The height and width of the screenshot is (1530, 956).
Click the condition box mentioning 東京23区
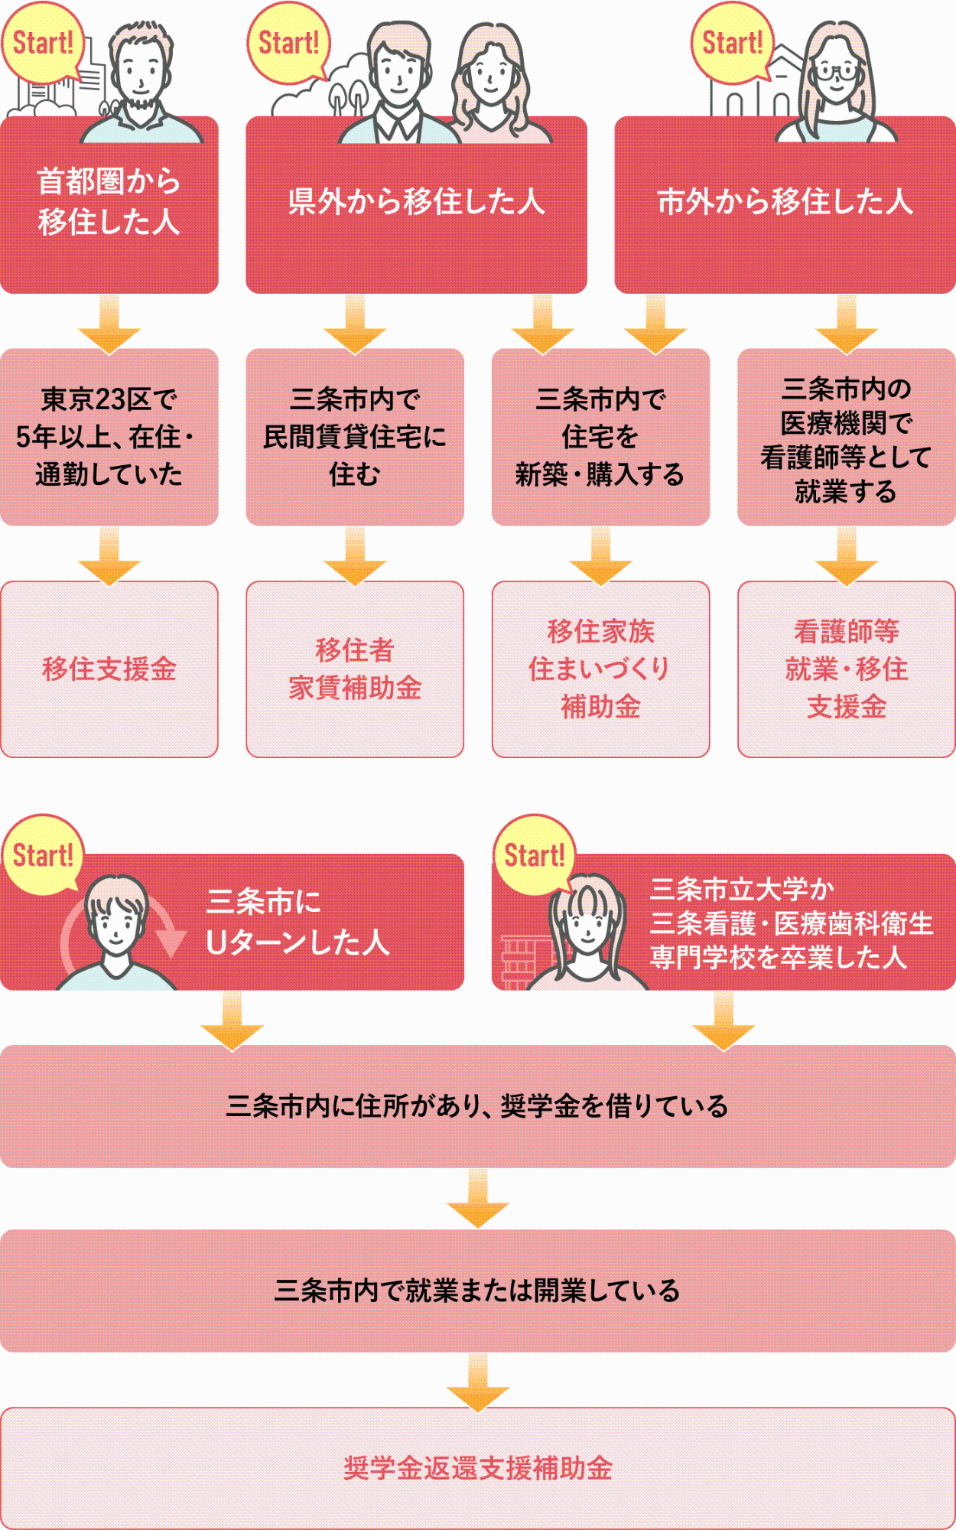109,437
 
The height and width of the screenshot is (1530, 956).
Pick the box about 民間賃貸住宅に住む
355,437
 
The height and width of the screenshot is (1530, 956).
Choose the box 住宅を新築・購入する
600,437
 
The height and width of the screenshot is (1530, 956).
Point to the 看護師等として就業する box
846,437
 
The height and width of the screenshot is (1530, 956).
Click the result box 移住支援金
109,669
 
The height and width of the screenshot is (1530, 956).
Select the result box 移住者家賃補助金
355,669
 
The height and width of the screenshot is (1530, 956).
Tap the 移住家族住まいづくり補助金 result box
600,669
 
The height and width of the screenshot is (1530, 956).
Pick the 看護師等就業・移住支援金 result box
846,669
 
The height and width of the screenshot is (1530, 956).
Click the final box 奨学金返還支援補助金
477,1468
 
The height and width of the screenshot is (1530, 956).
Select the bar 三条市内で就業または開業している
477,1291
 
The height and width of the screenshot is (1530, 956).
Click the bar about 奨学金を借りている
477,1106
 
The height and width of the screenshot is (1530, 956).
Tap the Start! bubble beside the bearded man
43,43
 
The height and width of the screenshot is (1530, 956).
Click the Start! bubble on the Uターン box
43,855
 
